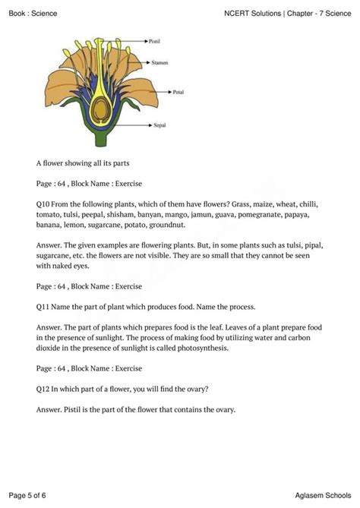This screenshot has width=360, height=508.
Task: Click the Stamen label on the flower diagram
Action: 160,62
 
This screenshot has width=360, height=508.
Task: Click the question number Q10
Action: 43,204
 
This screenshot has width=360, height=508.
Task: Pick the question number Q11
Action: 43,307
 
